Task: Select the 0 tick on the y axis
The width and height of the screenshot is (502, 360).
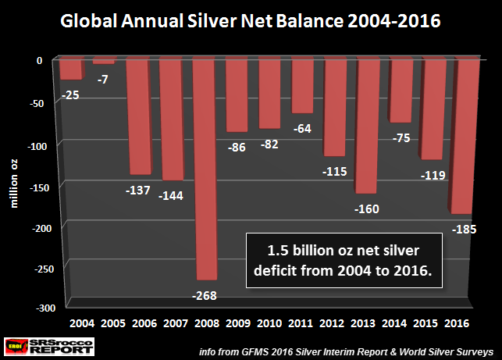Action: (x=48, y=60)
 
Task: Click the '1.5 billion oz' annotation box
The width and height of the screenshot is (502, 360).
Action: (x=344, y=261)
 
